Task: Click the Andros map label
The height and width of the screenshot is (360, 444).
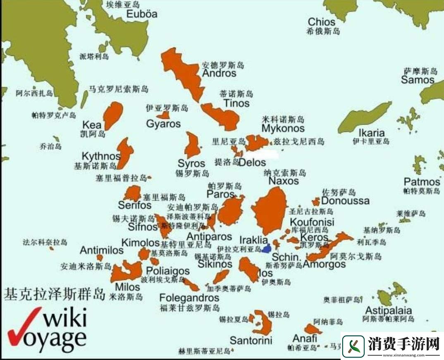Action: (219, 73)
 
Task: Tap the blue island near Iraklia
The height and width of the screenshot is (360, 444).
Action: (267, 248)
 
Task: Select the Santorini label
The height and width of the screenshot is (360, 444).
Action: (251, 341)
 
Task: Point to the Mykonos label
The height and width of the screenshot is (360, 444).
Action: (283, 129)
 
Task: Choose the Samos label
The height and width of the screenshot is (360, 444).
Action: (418, 80)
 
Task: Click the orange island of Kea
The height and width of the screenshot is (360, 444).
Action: (113, 115)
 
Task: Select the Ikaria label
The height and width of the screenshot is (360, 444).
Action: (371, 133)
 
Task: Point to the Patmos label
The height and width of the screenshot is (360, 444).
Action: (422, 182)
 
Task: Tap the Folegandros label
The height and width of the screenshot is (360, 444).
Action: (189, 298)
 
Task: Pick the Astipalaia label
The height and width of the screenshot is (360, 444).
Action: (388, 310)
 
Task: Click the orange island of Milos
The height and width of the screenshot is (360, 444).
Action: (126, 271)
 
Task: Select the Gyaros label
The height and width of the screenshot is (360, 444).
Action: (163, 124)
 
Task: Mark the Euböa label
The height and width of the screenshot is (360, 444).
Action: (142, 14)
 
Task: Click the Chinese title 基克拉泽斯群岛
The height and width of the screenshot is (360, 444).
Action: (54, 294)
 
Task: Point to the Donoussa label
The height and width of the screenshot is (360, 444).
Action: (345, 201)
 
